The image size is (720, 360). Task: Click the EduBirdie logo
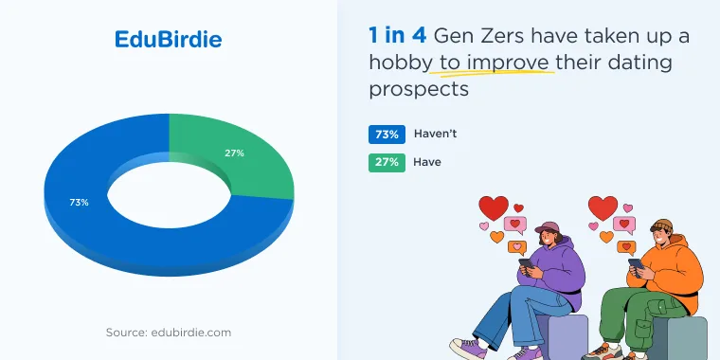pos(168,40)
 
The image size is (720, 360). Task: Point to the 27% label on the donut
pos(234,153)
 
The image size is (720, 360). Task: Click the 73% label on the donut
pos(79,202)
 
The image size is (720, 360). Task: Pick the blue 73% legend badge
pos(387,135)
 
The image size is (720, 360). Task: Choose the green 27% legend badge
pos(387,163)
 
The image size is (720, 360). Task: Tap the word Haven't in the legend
pos(435,134)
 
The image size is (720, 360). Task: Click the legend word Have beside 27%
pos(427,162)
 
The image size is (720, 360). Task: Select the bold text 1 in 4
pos(398,35)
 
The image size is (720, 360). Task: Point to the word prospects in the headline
pos(419,90)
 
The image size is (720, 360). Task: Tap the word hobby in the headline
pos(401,63)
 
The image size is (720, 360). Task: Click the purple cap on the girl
pos(547,227)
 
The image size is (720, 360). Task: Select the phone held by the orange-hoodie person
pos(637,267)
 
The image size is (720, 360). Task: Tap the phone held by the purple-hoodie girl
pos(527,264)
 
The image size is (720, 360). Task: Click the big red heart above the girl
pos(494,208)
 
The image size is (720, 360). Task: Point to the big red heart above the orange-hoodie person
pos(603,208)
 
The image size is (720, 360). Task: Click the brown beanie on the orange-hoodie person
pos(661,225)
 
